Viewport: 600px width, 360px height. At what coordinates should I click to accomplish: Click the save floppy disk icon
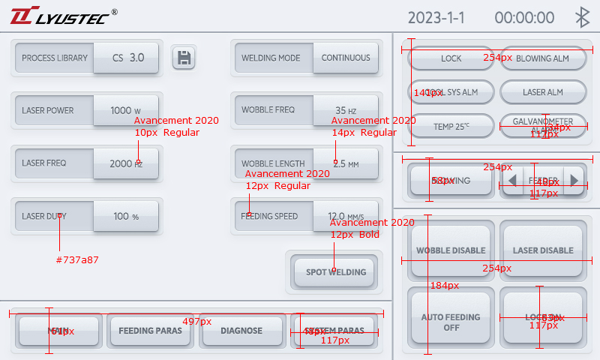[184, 58]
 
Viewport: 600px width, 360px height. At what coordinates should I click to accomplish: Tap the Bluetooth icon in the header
[581, 18]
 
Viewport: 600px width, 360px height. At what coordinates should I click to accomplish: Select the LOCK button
[451, 58]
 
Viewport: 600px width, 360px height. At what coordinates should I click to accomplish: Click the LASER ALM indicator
[542, 92]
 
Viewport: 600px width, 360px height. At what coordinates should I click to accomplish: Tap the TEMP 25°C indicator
[451, 126]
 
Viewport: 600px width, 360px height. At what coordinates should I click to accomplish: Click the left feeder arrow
[512, 181]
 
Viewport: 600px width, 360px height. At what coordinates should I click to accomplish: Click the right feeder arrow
[574, 181]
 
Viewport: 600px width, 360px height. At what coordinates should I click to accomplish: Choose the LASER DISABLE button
[542, 250]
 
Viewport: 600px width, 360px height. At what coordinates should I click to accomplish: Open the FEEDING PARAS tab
[151, 331]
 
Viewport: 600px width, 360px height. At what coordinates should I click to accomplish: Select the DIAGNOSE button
[241, 331]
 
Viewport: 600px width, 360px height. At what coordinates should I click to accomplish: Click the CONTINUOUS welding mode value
[346, 58]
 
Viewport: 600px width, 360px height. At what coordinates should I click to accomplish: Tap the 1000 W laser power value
[126, 110]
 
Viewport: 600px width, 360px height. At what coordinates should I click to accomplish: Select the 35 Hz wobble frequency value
[346, 110]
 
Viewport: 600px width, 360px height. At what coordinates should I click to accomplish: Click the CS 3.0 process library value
[127, 58]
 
